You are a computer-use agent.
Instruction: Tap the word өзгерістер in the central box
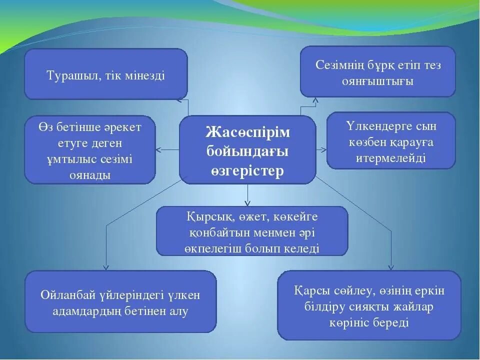click(247, 170)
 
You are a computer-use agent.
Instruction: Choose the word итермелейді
click(391, 158)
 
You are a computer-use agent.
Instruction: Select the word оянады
click(90, 175)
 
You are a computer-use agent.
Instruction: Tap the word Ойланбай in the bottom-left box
click(66, 295)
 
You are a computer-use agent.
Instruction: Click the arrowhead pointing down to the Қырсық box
click(247, 202)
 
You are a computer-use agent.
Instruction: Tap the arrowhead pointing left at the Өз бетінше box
click(159, 149)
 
